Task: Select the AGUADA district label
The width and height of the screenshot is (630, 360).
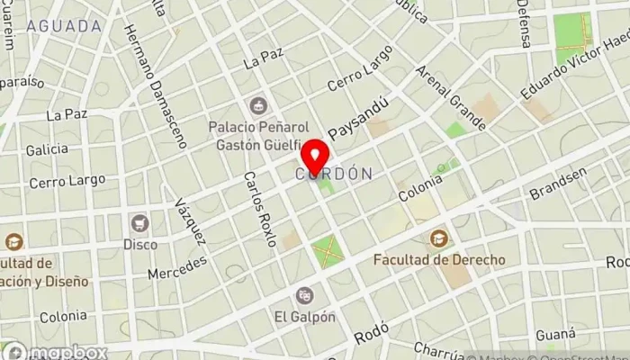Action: pyautogui.click(x=64, y=26)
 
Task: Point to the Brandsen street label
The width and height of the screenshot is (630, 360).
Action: pyautogui.click(x=558, y=184)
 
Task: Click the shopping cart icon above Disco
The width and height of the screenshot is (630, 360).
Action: pyautogui.click(x=139, y=222)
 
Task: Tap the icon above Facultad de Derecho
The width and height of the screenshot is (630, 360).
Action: pyautogui.click(x=439, y=238)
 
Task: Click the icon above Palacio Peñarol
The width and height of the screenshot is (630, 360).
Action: pyautogui.click(x=258, y=105)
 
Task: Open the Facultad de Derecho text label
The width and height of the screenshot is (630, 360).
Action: pyautogui.click(x=439, y=259)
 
